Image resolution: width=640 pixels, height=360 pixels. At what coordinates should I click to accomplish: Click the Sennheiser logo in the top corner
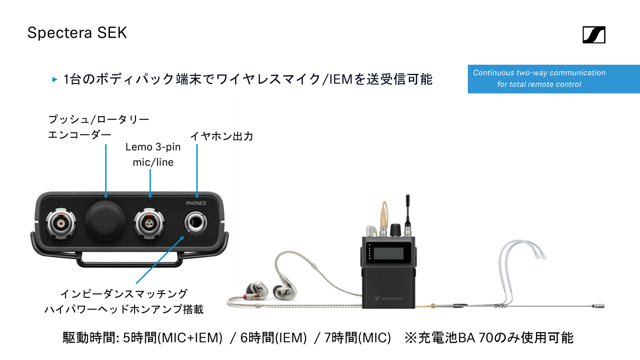pyautogui.click(x=593, y=34)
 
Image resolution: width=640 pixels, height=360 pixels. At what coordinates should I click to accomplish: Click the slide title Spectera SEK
pyautogui.click(x=77, y=33)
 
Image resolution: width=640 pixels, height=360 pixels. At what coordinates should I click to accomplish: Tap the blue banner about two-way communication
pyautogui.click(x=553, y=79)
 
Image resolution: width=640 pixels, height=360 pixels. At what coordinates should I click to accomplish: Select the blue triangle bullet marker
pyautogui.click(x=54, y=79)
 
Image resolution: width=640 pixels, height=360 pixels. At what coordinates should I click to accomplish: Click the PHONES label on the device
pyautogui.click(x=196, y=203)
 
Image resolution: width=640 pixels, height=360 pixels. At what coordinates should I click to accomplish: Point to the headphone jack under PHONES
pyautogui.click(x=195, y=222)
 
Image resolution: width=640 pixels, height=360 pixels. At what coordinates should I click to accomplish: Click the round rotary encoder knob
pyautogui.click(x=105, y=219)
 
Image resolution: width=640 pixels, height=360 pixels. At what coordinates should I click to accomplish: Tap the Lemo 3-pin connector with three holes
pyautogui.click(x=149, y=223)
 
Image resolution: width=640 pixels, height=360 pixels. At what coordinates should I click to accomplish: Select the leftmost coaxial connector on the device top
pyautogui.click(x=61, y=223)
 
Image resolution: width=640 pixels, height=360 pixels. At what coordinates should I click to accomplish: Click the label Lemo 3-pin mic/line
pyautogui.click(x=153, y=154)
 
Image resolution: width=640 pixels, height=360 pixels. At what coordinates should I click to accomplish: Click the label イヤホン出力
pyautogui.click(x=221, y=136)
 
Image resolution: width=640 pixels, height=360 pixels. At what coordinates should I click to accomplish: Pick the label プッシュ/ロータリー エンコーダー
pyautogui.click(x=98, y=127)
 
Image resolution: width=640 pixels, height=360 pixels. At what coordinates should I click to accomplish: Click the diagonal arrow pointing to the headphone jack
pyautogui.click(x=160, y=259)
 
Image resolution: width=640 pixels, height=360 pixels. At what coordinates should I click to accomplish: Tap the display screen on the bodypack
pyautogui.click(x=388, y=253)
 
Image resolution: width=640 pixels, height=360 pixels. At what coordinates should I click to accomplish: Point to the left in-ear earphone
pyautogui.click(x=256, y=290)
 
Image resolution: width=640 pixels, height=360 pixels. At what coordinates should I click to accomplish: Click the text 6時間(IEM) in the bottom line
pyautogui.click(x=273, y=337)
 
